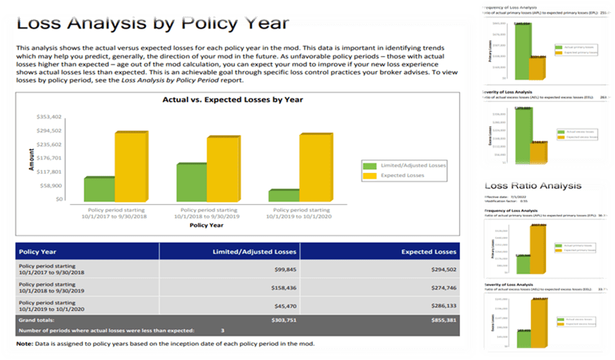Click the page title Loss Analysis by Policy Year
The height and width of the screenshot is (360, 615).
pyautogui.click(x=152, y=25)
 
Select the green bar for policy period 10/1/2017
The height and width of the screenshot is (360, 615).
pyautogui.click(x=99, y=188)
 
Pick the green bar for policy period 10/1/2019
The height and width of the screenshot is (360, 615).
pyautogui.click(x=284, y=195)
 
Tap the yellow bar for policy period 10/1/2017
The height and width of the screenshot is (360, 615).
pyautogui.click(x=131, y=166)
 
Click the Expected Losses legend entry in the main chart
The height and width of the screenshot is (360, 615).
pyautogui.click(x=403, y=175)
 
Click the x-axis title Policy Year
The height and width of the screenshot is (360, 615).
pyautogui.click(x=207, y=225)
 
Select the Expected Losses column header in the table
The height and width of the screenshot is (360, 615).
pyautogui.click(x=428, y=252)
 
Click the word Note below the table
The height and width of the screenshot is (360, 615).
pyautogui.click(x=26, y=343)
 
